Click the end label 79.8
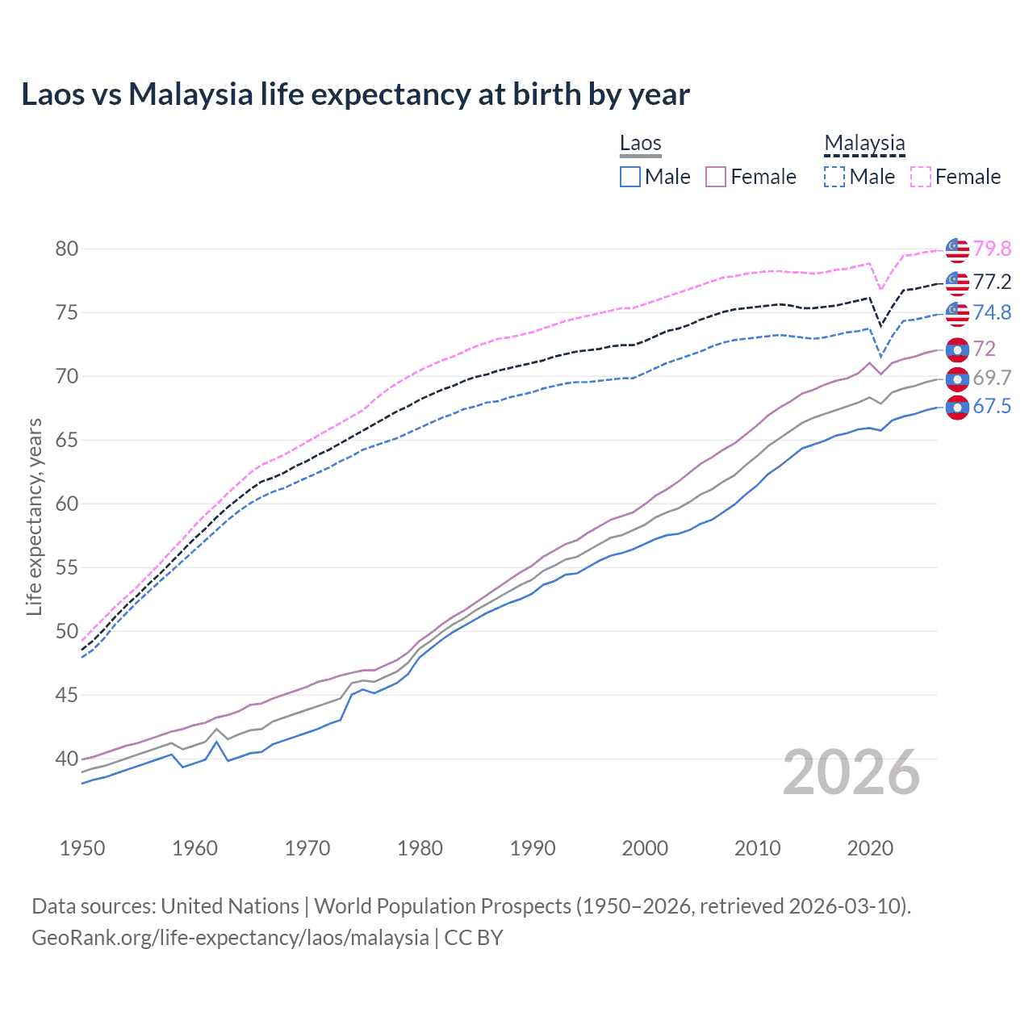992,249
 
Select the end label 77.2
992,282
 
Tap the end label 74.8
992,312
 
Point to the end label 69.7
992,378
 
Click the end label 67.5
992,406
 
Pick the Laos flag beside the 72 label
957,349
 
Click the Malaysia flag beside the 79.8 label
957,250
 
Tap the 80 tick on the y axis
67,249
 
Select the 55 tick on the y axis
67,567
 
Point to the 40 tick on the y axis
67,759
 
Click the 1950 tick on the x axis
82,848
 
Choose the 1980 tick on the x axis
420,848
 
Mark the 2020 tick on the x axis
869,848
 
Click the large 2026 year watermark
851,772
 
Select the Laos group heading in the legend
641,143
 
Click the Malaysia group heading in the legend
864,143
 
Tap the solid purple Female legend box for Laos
716,177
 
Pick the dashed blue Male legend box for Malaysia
834,177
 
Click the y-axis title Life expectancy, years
34,516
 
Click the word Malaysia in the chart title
190,94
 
